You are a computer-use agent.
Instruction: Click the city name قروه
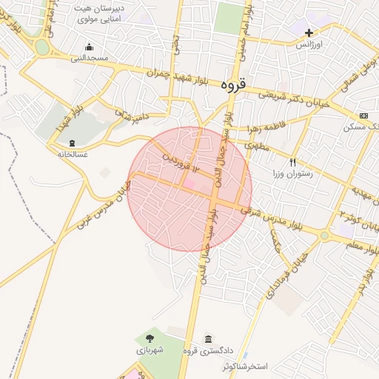pyautogui.click(x=232, y=84)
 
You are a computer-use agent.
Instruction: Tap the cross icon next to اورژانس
pyautogui.click(x=309, y=33)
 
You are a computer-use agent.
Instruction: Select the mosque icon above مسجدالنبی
pyautogui.click(x=89, y=46)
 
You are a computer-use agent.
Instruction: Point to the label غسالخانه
pyautogui.click(x=73, y=154)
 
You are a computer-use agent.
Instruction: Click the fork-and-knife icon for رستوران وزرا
pyautogui.click(x=293, y=162)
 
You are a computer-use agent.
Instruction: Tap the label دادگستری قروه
pyautogui.click(x=229, y=351)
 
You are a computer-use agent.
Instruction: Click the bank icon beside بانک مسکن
pyautogui.click(x=363, y=116)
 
